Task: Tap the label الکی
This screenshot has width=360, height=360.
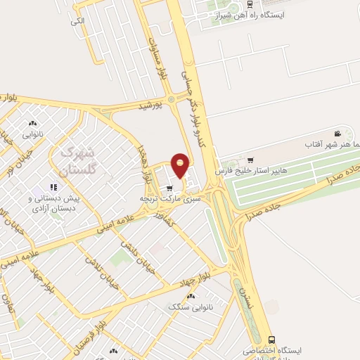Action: pos(77,21)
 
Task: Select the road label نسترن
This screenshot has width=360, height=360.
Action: pos(242,295)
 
